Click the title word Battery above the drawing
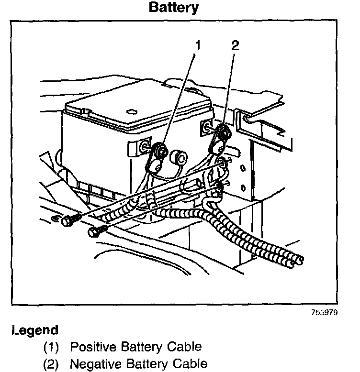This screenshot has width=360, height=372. tap(174, 8)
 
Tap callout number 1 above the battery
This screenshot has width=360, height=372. tap(197, 46)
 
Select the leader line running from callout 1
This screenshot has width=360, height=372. tap(179, 96)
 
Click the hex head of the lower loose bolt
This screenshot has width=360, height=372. tap(93, 233)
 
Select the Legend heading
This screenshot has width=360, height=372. tap(34, 330)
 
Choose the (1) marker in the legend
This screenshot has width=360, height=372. tap(51, 347)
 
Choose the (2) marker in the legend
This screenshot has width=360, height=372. tap(51, 364)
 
